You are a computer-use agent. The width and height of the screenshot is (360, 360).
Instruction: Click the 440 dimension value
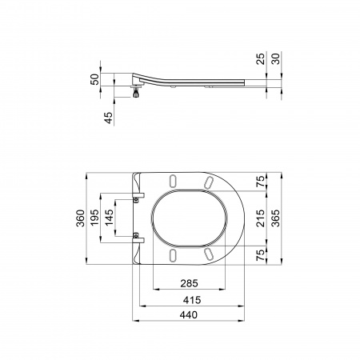pyautogui.click(x=189, y=315)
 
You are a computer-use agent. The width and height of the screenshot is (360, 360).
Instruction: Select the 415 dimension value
pyautogui.click(x=192, y=300)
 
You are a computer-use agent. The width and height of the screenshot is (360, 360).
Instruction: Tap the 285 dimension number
pyautogui.click(x=190, y=283)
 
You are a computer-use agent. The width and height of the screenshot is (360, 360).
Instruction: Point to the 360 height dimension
pyautogui.click(x=81, y=218)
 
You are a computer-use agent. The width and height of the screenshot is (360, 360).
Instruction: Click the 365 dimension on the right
pyautogui.click(x=275, y=218)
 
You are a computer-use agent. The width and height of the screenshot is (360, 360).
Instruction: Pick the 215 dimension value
pyautogui.click(x=261, y=218)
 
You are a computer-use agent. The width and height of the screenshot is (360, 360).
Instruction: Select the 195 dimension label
pyautogui.click(x=94, y=218)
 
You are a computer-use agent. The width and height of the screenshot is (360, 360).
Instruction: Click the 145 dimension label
pyautogui.click(x=109, y=218)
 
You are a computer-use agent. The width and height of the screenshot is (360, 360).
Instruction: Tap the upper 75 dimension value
pyautogui.click(x=261, y=182)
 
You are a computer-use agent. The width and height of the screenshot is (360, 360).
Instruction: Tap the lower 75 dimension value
pyautogui.click(x=261, y=255)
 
